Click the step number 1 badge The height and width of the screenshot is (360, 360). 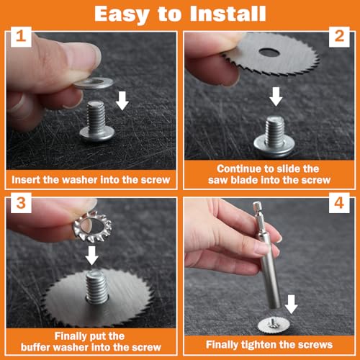coord(21,37)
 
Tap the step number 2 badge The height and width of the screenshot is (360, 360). coord(339,37)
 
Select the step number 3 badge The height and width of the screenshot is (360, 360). coord(21,203)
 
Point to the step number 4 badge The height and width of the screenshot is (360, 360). coord(339,203)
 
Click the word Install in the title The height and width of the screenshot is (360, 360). coord(228,14)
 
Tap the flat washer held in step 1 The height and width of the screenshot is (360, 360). coord(93,83)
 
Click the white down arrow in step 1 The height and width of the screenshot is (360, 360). coord(122,102)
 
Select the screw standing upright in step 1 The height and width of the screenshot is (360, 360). coord(96,121)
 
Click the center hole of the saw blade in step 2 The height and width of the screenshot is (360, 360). coord(269,52)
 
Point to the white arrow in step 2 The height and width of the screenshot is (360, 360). coord(276,96)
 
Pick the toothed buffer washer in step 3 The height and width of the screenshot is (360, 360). coord(92,226)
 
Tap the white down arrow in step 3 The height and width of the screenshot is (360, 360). coord(92,256)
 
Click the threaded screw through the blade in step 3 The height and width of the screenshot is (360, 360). coord(97,287)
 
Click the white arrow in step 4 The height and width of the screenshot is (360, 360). coord(292,305)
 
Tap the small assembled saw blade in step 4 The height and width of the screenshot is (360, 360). coord(274,325)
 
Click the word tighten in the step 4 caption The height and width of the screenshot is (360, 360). coord(258,345)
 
